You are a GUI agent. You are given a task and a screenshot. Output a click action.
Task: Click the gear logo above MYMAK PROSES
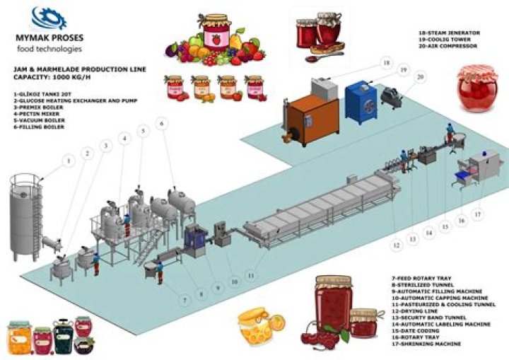coord(48,17)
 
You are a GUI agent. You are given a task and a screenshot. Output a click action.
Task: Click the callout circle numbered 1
coord(69,161)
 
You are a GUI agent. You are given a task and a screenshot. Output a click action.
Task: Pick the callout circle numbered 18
coord(386,63)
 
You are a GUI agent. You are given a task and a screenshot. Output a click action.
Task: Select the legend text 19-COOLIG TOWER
coord(448,40)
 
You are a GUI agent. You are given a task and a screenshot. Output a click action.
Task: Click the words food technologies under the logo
coord(49,49)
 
